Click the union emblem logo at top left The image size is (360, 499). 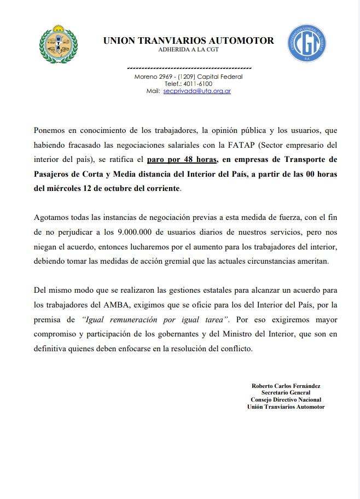click(59, 44)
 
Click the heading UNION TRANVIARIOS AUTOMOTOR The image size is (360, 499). click(188, 40)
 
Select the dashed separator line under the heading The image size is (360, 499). click(188, 67)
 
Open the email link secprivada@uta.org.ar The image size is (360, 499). click(196, 91)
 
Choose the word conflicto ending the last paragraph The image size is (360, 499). click(235, 347)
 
